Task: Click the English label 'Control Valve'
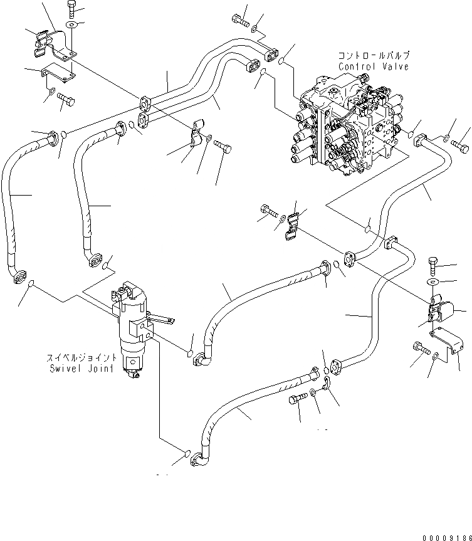[x=373, y=66]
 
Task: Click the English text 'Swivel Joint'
[x=81, y=369]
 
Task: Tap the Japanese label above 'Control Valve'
[x=373, y=56]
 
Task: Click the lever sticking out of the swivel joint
[x=162, y=321]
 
